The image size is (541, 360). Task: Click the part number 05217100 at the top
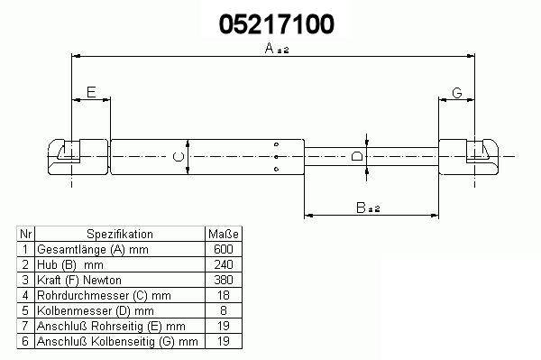(277, 24)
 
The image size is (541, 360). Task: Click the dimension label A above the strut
(277, 49)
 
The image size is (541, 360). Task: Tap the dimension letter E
(91, 92)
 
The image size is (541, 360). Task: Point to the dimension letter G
(457, 93)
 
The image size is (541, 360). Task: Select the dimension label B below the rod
(368, 208)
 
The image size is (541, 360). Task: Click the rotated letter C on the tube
(178, 157)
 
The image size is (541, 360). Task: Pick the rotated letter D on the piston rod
(357, 156)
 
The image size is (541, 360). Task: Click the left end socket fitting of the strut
(78, 157)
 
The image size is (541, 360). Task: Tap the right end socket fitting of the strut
(468, 157)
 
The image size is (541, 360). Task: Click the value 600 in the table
(224, 249)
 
